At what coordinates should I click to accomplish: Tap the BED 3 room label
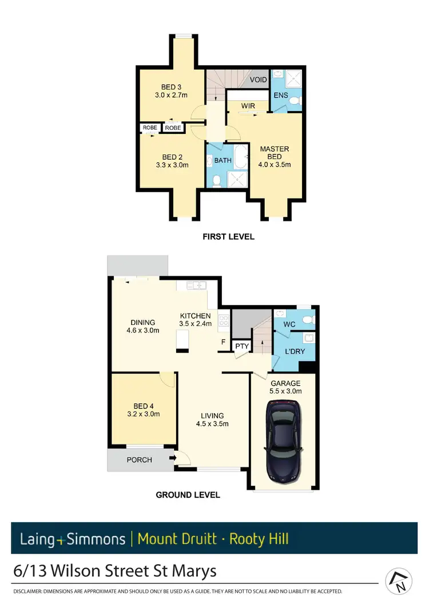[168, 87]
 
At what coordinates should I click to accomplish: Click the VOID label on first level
[259, 80]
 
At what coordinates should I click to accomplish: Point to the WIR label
[248, 106]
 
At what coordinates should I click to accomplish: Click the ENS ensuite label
[281, 95]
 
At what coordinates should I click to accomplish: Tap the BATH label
[223, 160]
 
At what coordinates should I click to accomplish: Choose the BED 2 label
[172, 157]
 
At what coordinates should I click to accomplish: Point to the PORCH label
[140, 459]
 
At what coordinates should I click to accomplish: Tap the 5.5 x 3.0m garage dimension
[285, 391]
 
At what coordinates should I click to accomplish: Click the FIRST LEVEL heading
[229, 236]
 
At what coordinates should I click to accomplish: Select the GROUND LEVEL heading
[188, 495]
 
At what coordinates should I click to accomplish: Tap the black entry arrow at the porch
[172, 458]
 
